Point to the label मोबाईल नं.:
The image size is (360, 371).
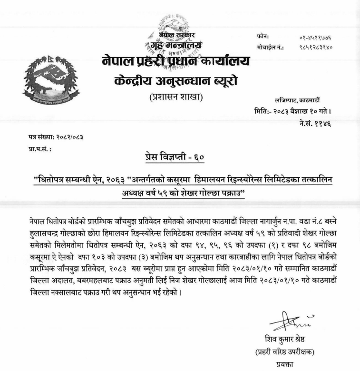(x=270, y=48)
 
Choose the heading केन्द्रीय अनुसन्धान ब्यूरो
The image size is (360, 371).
(x=176, y=81)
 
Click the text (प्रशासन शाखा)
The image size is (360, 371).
(x=176, y=98)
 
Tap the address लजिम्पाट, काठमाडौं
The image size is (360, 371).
(x=298, y=100)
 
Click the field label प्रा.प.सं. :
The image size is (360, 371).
(x=39, y=149)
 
